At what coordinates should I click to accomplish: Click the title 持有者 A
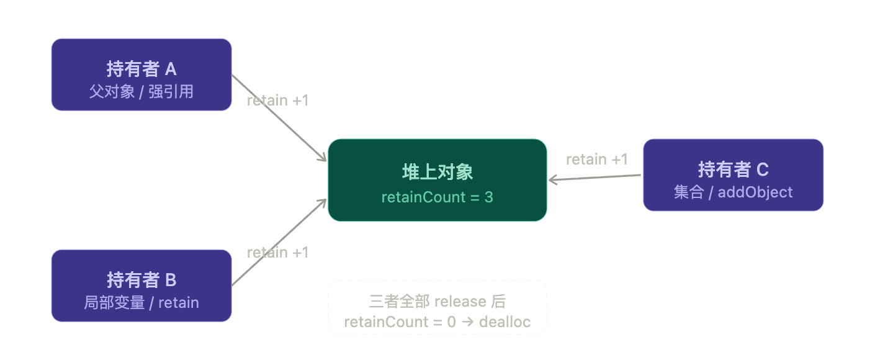pos(141,69)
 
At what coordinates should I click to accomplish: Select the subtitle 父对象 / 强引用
pos(141,92)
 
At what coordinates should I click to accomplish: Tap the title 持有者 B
pos(141,280)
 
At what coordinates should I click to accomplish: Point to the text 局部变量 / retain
pos(141,303)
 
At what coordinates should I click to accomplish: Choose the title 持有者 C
pos(733,169)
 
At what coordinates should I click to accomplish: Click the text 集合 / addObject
pos(733,192)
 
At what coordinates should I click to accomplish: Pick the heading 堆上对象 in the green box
pos(437,172)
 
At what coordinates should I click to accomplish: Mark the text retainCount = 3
pos(437,197)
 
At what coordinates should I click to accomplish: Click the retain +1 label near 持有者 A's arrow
pos(277,101)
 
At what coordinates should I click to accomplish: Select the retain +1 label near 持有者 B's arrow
pos(277,253)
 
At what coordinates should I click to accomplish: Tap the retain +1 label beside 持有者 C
pos(596,160)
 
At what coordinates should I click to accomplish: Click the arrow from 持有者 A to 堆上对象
pos(279,119)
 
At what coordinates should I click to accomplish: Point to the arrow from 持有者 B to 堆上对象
pos(279,243)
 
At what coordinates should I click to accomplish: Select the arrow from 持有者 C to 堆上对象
pos(595,178)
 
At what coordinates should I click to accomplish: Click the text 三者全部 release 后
pos(437,302)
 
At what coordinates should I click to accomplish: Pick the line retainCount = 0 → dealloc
pos(437,322)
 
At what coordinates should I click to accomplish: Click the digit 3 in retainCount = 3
pos(489,197)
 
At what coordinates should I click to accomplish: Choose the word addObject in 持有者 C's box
pos(755,192)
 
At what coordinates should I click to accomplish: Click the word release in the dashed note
pos(460,302)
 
